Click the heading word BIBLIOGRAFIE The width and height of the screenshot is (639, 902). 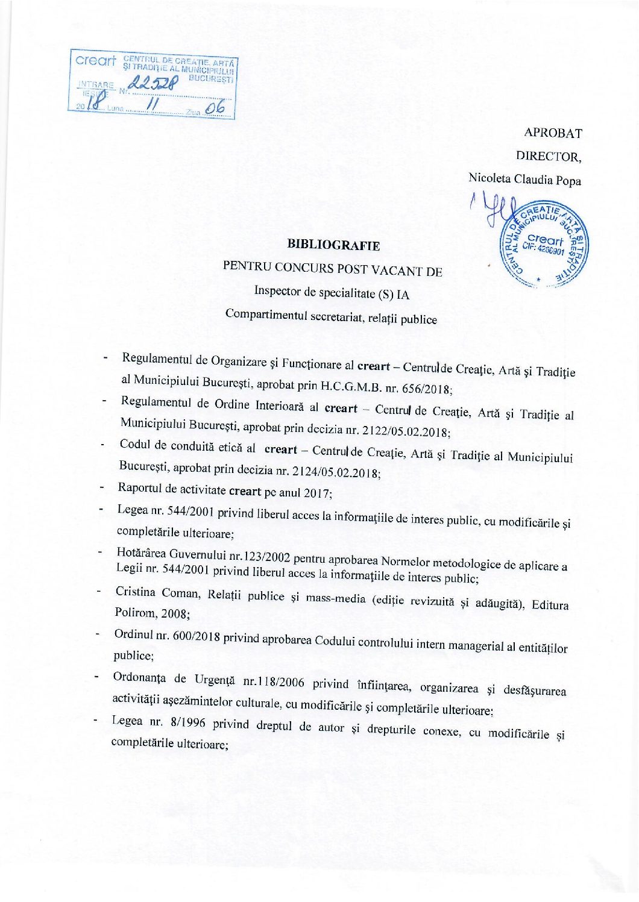pos(333,245)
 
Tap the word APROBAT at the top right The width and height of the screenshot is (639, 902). pos(553,133)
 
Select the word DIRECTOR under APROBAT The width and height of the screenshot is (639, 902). pos(547,156)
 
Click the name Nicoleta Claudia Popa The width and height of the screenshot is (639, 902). pos(524,179)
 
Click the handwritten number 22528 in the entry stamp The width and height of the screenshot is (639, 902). pos(154,88)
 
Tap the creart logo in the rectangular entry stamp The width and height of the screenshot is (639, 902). pos(95,61)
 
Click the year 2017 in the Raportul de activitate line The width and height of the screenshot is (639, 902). pos(316,493)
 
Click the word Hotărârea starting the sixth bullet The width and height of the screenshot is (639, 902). pos(142,553)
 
